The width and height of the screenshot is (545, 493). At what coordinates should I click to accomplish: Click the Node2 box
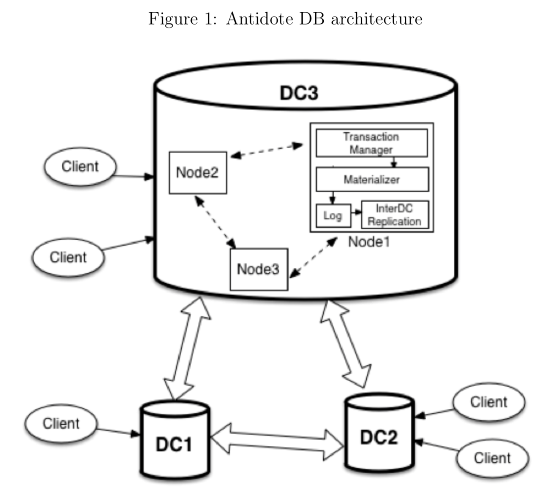pos(197,172)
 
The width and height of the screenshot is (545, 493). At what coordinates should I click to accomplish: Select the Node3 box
pos(259,269)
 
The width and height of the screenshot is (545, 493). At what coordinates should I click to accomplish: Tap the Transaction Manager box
pos(371,143)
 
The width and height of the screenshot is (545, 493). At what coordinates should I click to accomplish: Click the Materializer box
pos(372,180)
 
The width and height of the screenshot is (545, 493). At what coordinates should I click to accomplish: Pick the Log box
pos(333,216)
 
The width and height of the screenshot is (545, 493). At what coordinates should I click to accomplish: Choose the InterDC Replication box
pos(394,215)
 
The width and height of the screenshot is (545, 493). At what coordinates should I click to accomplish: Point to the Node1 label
pos(368,242)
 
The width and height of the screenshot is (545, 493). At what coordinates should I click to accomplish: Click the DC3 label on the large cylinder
pos(299,93)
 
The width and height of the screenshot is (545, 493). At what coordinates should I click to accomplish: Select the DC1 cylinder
pos(175,440)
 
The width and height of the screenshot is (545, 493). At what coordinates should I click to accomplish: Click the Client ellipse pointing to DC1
pos(61,424)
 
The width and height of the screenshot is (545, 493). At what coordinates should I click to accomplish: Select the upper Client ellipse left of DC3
pos(80,166)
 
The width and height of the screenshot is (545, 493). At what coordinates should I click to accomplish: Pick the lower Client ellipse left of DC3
pos(68,257)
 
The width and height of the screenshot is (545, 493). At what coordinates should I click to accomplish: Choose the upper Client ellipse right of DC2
pos(488,402)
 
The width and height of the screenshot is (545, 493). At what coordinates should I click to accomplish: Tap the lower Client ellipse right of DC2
pos(492,458)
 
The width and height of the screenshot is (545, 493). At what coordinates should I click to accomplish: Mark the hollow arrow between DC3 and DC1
pos(187,347)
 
